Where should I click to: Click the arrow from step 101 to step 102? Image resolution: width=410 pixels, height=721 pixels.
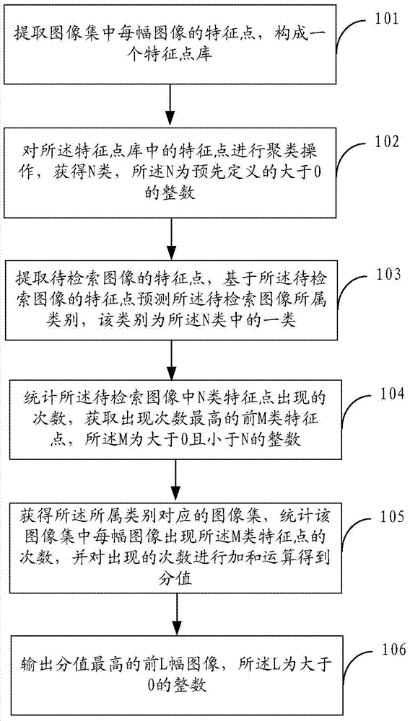click(x=171, y=103)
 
